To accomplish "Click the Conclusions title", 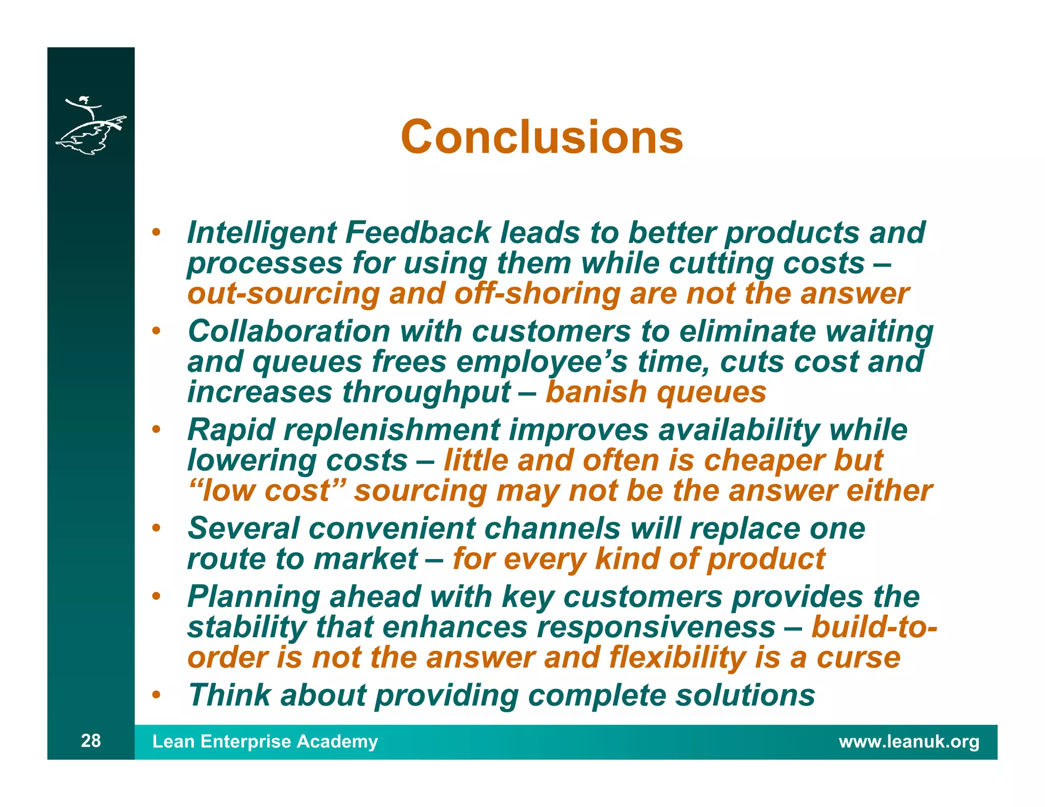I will tap(541, 137).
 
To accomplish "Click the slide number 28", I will tap(91, 740).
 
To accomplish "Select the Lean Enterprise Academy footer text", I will tap(265, 741).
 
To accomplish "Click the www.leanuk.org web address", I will tap(909, 741).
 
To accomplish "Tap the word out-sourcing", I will tap(283, 294).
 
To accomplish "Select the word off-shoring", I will tap(537, 294).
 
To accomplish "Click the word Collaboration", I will tap(289, 331).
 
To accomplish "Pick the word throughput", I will tap(426, 393).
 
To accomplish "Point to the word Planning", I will tap(254, 597).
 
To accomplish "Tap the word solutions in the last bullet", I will tap(745, 695).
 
